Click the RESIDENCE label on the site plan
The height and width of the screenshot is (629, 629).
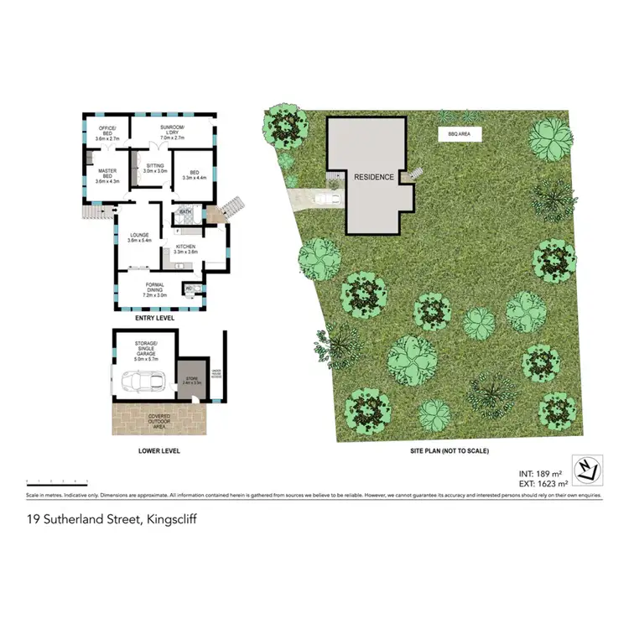pyautogui.click(x=374, y=177)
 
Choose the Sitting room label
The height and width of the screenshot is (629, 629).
pyautogui.click(x=155, y=168)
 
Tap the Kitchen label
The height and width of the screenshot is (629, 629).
pyautogui.click(x=185, y=248)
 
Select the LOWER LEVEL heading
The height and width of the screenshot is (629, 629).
pyautogui.click(x=159, y=451)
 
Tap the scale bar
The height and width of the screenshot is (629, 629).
pyautogui.click(x=57, y=482)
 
